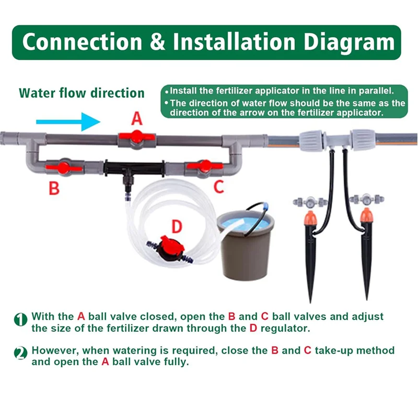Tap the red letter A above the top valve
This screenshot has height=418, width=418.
point(136,119)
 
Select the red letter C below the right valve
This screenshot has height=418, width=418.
point(219,186)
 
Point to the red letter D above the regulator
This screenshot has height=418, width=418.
point(177,226)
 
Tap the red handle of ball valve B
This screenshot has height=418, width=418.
point(63,168)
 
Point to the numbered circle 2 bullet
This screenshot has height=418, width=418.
point(20,354)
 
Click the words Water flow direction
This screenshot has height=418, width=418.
point(82,94)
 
